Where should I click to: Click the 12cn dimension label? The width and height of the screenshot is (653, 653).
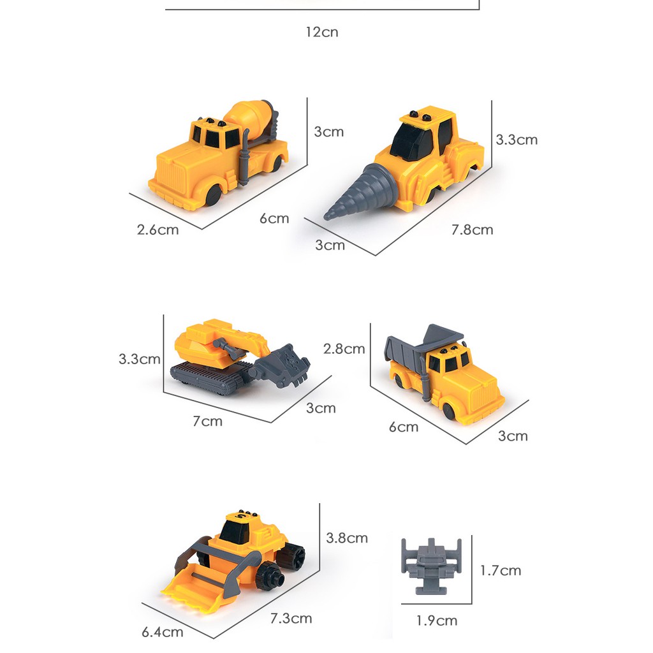tap(321, 31)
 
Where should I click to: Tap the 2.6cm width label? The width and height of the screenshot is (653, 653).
tap(158, 229)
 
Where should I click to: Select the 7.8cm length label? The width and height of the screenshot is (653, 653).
tap(472, 230)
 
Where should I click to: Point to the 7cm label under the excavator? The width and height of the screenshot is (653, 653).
tap(207, 421)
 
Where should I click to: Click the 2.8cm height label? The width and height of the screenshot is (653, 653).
tap(344, 348)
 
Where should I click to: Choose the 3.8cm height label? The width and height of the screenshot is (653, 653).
tap(347, 538)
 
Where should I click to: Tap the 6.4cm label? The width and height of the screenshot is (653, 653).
tap(163, 632)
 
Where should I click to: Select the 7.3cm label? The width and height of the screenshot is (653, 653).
tap(291, 618)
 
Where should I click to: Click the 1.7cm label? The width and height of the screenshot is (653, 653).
tap(501, 570)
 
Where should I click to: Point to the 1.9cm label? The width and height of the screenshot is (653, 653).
tap(437, 620)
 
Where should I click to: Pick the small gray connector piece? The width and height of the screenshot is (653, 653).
tap(431, 564)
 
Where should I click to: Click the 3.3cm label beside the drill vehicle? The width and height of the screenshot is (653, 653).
tap(517, 139)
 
